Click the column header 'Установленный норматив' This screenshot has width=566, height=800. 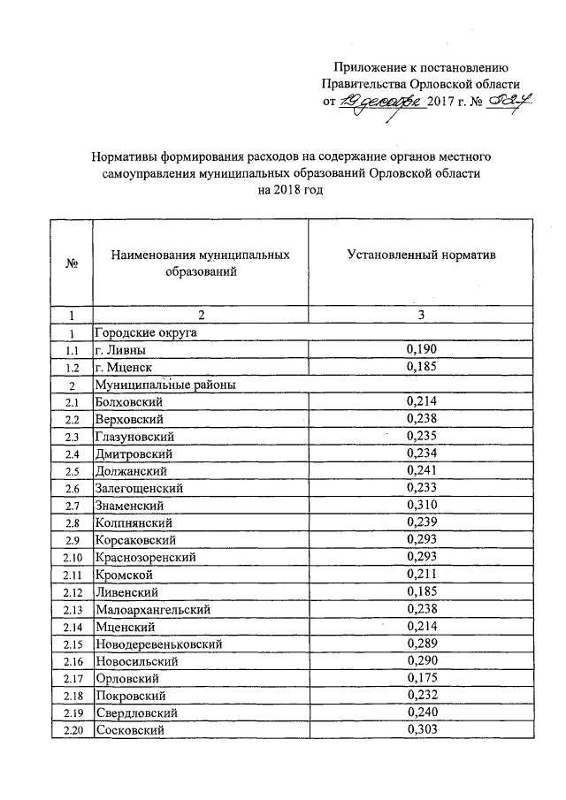point(421,255)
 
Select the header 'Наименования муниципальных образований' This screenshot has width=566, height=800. point(201,263)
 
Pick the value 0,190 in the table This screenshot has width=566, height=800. point(421,350)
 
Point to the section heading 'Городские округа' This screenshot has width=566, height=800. point(145,333)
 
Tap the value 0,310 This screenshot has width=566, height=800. point(421,505)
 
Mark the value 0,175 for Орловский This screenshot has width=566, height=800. point(421,678)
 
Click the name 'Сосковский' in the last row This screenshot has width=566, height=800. point(128,730)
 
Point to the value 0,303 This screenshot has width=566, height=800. point(421,730)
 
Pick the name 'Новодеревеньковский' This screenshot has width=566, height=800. point(157,644)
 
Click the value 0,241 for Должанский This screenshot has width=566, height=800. point(421,470)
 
